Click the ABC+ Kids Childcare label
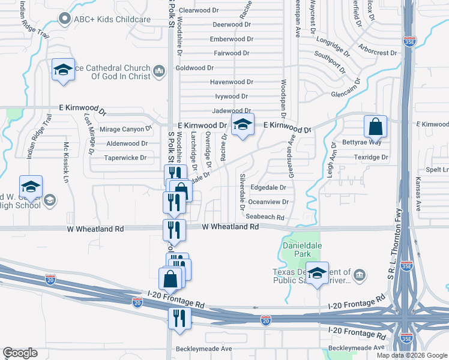pyautogui.click(x=112, y=19)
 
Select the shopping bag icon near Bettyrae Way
pyautogui.click(x=375, y=128)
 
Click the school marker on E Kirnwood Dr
pyautogui.click(x=243, y=126)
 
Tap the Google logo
pyautogui.click(x=20, y=353)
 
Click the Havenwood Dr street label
pyautogui.click(x=231, y=82)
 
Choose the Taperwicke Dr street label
pyautogui.click(x=125, y=158)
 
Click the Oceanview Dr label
pyautogui.click(x=268, y=202)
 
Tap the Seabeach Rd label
pyautogui.click(x=265, y=217)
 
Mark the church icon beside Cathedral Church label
pyautogui.click(x=159, y=72)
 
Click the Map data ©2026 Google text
pyautogui.click(x=411, y=355)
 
